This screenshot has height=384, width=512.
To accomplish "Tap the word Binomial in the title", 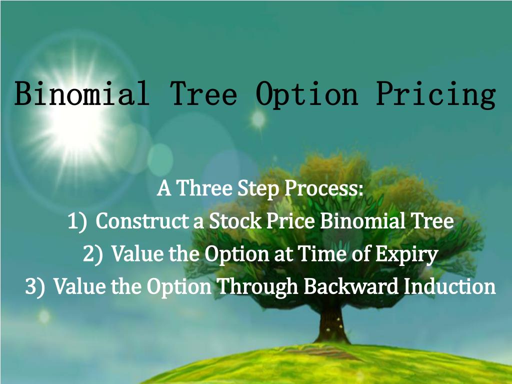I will click(81, 94).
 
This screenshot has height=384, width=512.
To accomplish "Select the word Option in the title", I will click(307, 94).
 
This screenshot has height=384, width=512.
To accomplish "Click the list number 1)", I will click(77, 221).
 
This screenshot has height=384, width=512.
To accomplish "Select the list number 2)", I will click(93, 254).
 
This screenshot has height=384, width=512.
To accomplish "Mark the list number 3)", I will click(35, 287).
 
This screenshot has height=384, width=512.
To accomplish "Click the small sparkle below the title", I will click(258, 119).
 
